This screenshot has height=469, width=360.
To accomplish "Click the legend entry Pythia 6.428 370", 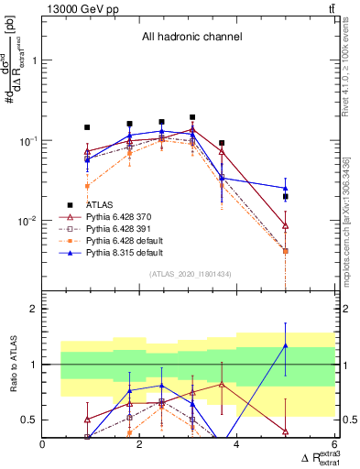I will click(x=116, y=216).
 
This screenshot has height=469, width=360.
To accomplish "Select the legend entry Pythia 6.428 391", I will click(x=116, y=228).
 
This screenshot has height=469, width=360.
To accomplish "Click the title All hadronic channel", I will click(x=191, y=38).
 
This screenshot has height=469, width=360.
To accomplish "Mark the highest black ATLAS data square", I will click(x=192, y=117).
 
